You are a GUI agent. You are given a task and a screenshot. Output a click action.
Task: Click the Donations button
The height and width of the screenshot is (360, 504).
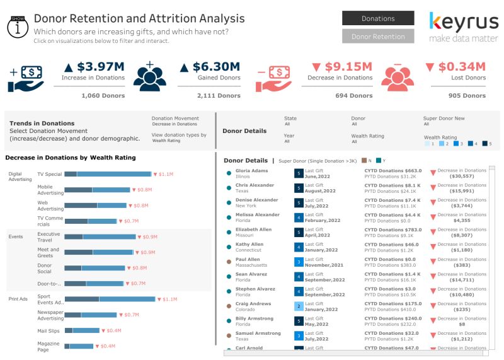click(378, 18)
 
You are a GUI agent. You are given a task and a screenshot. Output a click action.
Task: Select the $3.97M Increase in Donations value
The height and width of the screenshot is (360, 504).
click(93, 66)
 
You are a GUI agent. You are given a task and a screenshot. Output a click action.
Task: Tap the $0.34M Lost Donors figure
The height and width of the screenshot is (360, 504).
click(455, 66)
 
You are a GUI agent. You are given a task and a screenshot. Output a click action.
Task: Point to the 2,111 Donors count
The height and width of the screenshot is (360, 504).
click(219, 96)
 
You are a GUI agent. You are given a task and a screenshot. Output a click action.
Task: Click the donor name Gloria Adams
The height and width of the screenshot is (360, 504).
click(251, 170)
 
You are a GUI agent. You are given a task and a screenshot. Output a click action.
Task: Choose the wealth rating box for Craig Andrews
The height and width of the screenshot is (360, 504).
click(299, 306)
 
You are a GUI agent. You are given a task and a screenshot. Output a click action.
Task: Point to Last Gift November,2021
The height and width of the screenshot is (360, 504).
click(325, 265)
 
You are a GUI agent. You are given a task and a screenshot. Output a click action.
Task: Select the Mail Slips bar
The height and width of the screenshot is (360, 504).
click(82, 330)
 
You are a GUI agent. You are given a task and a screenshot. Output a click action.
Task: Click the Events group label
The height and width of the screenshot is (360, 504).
click(16, 237)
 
